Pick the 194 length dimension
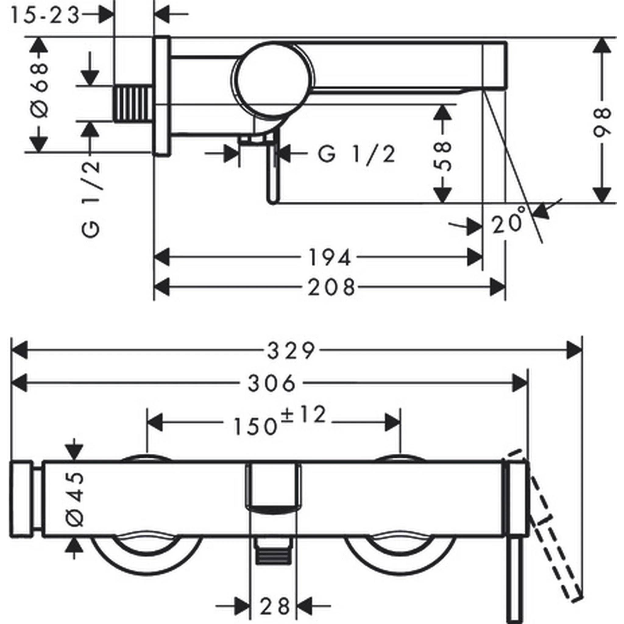330,257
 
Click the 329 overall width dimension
291,351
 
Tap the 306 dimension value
271,383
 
